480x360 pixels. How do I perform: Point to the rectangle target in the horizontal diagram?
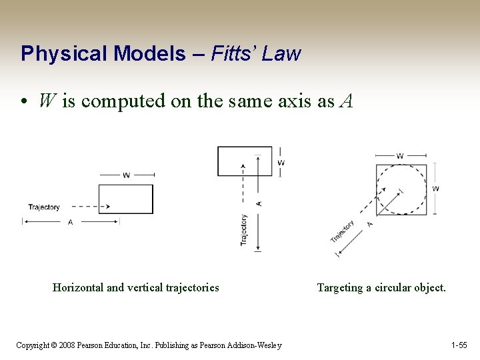click(x=126, y=199)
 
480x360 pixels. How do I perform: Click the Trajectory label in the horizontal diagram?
click(x=44, y=207)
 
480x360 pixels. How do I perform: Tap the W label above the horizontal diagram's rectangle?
click(x=126, y=175)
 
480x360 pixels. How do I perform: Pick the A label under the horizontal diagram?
click(x=70, y=223)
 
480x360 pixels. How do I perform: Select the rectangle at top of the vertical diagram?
click(x=245, y=161)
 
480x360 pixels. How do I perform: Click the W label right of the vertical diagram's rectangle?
click(x=281, y=162)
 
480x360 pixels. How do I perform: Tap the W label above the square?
click(x=400, y=157)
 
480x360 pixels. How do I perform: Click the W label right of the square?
click(x=436, y=189)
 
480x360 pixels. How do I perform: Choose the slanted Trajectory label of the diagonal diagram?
click(x=343, y=231)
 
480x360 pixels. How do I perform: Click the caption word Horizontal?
click(x=78, y=288)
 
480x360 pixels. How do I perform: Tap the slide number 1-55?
click(x=459, y=345)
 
